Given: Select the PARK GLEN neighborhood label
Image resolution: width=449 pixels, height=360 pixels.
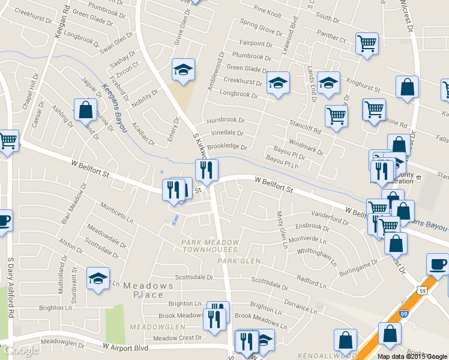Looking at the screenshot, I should tap(239, 261).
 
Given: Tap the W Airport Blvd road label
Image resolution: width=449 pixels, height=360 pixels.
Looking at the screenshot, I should tap(125, 347).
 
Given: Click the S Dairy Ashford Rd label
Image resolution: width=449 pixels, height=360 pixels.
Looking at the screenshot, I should tap(10, 287).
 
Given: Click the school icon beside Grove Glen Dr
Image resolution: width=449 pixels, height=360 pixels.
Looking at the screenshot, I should tap(182, 70).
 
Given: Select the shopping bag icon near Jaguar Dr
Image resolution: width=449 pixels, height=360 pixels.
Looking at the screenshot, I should tap(85, 110).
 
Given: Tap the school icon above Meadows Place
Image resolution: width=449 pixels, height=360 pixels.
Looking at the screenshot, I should tap(98, 278).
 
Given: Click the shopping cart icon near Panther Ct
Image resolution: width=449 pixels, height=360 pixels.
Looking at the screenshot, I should tap(366, 44).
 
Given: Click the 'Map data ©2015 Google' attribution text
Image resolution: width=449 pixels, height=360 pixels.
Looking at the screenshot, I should tap(412, 356).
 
